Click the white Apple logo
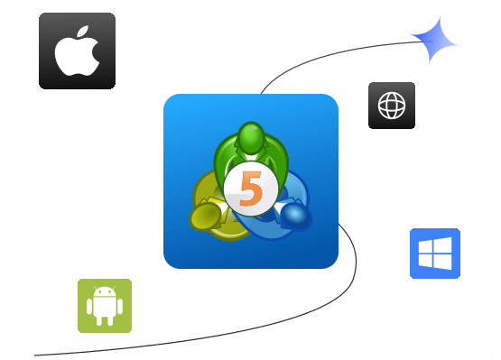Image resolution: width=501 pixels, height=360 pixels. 77,54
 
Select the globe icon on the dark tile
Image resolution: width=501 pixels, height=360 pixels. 392,106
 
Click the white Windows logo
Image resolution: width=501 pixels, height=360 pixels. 435,254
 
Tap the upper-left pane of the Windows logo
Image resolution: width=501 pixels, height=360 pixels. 426,246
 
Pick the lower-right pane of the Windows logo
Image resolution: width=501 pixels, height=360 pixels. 442,262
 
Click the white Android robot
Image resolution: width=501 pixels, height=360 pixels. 105,305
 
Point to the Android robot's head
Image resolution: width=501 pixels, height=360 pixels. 105,292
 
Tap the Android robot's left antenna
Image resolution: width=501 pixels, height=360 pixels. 97,285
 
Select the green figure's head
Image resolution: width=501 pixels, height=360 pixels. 251,139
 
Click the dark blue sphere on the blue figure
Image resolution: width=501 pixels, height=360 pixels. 294,215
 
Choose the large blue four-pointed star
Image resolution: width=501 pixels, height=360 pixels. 434,40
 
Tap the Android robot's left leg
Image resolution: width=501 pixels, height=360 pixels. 100,320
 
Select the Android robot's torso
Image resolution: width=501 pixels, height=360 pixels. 105,308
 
